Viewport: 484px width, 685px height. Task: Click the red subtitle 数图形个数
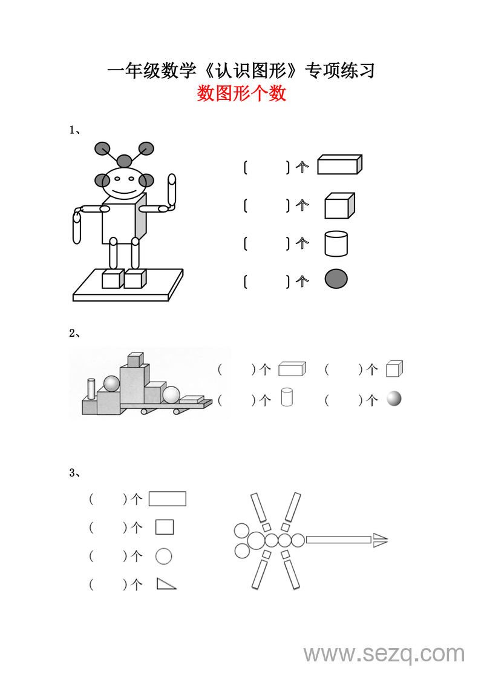pos(241,93)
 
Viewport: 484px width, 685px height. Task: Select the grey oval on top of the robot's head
pos(125,160)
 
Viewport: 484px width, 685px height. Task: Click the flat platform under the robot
pos(128,285)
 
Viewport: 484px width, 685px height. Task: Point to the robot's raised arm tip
pos(172,179)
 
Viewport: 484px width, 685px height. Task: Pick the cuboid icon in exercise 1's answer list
pos(339,165)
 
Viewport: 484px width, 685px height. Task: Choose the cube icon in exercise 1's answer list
pos(339,206)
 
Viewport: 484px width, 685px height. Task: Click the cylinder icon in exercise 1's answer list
pos(336,243)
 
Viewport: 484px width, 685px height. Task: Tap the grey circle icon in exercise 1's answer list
pos(336,279)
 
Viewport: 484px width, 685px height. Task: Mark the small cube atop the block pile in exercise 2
pos(136,360)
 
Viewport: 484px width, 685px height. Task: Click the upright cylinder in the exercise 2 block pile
pos(91,389)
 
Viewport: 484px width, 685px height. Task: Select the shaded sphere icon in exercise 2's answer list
pos(394,399)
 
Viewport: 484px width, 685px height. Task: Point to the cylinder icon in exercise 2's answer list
pos(287,397)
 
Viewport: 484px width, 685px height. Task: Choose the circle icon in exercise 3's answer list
pos(164,556)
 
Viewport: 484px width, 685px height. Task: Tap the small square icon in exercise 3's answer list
pos(165,528)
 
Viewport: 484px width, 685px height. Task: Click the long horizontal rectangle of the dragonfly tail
pos(339,540)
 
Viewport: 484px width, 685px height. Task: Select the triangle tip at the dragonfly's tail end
pos(380,540)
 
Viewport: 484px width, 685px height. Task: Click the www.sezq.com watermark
pos(384,654)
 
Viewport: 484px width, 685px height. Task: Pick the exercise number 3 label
pos(72,472)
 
